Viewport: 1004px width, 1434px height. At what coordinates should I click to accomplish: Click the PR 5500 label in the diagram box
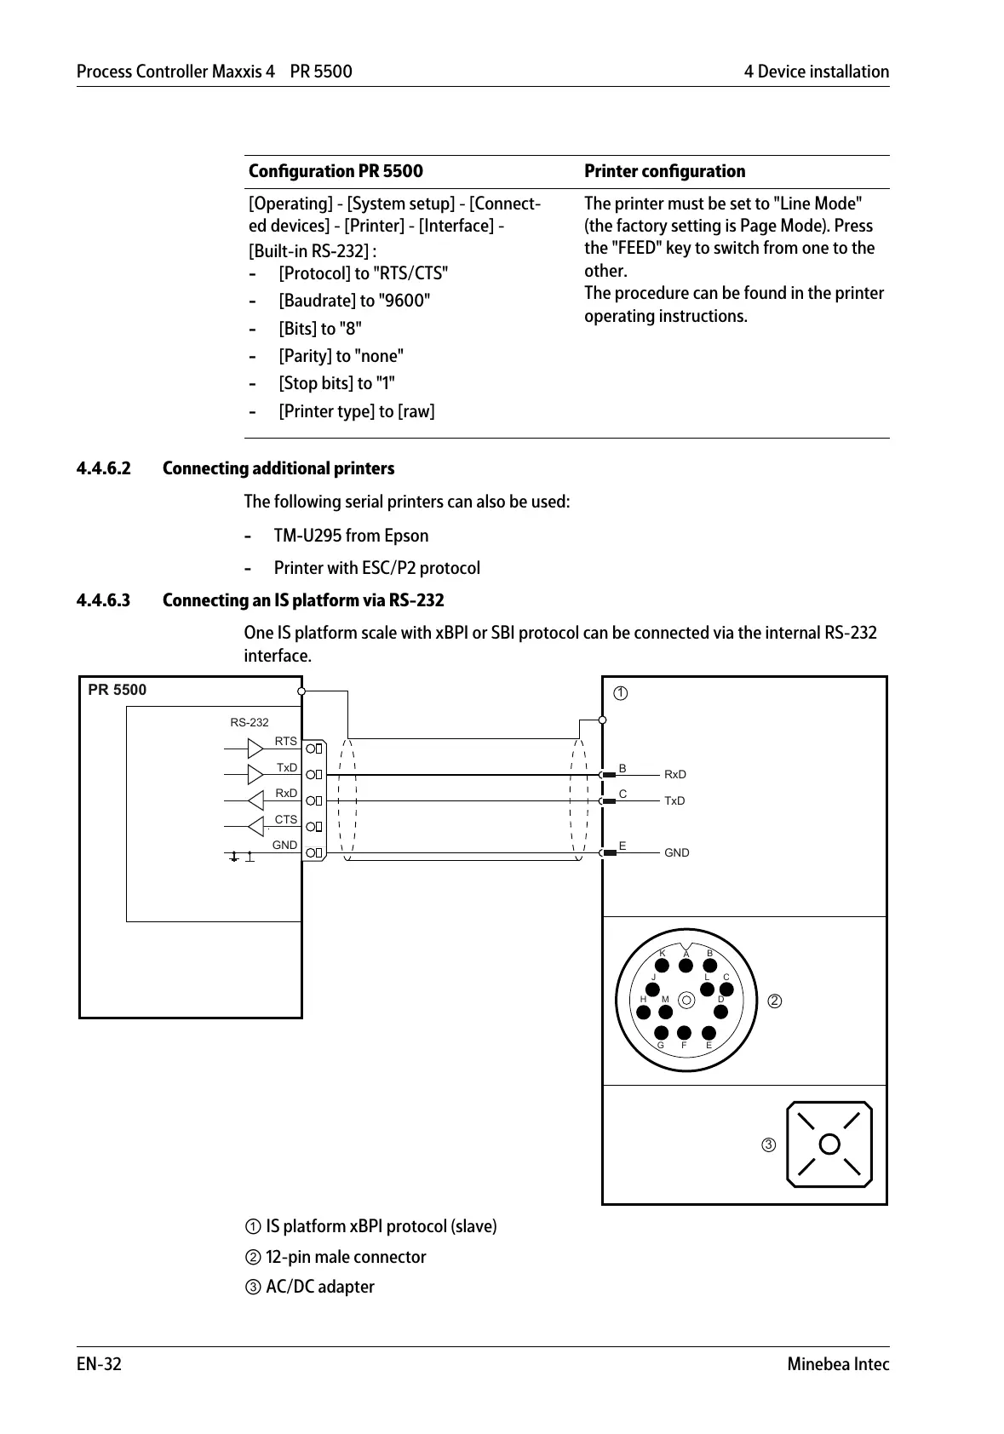click(x=118, y=691)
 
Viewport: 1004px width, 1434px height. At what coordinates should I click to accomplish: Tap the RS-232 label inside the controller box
click(x=250, y=723)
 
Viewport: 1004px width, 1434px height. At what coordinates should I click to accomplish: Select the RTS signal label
click(x=286, y=742)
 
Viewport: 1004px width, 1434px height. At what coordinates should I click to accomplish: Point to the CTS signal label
click(x=286, y=820)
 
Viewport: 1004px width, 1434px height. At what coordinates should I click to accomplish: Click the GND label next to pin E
click(x=677, y=853)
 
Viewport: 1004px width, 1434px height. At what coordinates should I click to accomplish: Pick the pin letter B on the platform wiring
click(x=622, y=769)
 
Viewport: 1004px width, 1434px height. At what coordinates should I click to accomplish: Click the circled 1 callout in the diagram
click(x=621, y=693)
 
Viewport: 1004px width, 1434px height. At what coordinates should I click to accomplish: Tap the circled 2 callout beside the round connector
click(x=775, y=1001)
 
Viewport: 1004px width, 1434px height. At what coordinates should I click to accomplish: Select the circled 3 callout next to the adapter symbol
click(x=768, y=1145)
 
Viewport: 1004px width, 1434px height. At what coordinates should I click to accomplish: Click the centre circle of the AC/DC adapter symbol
click(x=829, y=1144)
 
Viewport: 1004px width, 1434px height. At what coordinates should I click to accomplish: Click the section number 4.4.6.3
click(x=104, y=600)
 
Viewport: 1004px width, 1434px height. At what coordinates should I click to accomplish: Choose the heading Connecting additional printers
click(x=278, y=468)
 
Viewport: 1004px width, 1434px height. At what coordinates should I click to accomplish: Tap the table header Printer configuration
click(x=664, y=171)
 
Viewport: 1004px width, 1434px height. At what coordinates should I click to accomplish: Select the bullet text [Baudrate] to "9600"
click(x=354, y=301)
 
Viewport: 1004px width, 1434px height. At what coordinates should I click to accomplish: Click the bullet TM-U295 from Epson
click(x=351, y=536)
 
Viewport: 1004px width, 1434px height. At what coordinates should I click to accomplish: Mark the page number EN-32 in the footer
click(x=99, y=1364)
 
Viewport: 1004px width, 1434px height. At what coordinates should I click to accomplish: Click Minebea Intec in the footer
click(x=838, y=1364)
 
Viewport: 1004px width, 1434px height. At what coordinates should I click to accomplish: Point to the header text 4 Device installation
click(x=816, y=72)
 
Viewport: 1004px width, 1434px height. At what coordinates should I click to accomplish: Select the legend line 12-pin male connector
click(x=345, y=1257)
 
